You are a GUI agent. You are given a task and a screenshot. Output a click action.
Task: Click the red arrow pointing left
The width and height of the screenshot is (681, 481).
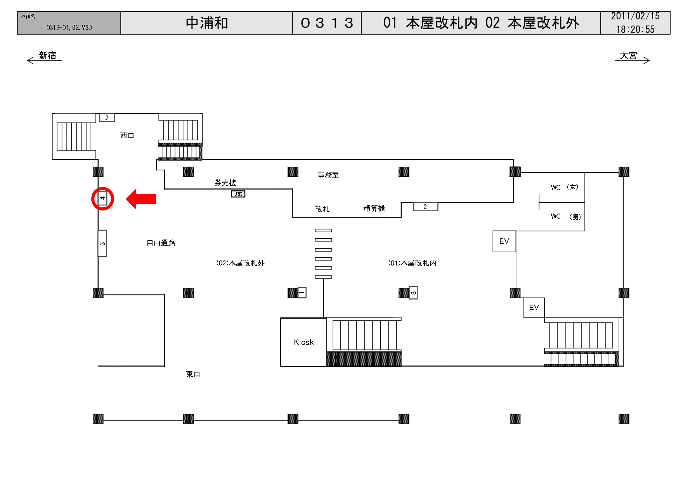tap(141, 199)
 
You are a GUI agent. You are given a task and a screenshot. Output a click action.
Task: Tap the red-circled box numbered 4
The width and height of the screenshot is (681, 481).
tap(102, 198)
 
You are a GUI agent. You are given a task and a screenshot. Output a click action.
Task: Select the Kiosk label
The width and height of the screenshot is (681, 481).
tap(303, 342)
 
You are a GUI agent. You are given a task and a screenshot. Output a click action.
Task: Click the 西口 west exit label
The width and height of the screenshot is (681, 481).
tap(127, 135)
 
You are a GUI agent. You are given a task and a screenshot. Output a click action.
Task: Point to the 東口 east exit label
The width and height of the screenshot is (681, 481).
tap(193, 374)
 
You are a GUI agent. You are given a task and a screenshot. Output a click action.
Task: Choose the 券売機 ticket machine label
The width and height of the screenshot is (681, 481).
tap(225, 183)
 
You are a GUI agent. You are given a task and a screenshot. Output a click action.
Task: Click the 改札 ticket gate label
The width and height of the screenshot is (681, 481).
tap(322, 209)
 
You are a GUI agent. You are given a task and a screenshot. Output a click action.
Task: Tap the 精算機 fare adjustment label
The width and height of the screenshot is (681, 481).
tap(374, 209)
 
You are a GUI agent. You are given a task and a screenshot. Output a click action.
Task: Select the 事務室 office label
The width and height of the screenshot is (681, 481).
tap(328, 175)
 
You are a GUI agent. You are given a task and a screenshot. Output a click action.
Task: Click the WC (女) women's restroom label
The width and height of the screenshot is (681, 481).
tap(565, 187)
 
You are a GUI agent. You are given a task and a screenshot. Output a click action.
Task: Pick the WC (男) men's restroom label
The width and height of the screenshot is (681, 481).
tap(566, 216)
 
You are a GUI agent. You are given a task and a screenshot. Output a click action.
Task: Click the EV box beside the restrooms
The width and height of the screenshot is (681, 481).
tap(504, 241)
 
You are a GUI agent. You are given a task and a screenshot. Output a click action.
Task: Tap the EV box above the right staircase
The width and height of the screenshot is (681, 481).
tap(534, 307)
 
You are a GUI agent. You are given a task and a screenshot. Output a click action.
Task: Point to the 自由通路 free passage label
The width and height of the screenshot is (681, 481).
tap(161, 243)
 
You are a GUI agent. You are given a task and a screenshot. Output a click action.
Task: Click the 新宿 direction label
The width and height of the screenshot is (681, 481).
tap(47, 56)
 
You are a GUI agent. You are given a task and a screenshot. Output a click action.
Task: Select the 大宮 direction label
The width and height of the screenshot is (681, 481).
tap(628, 56)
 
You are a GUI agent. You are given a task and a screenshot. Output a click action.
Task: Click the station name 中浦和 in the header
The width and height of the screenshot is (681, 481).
tap(207, 23)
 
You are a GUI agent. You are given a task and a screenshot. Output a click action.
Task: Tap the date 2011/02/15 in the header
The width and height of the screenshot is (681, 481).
tap(635, 16)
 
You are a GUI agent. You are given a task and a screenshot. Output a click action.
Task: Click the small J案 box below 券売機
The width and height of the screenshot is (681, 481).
tap(238, 194)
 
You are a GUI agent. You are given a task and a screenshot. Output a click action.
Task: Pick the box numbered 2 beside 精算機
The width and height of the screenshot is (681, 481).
tap(425, 207)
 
